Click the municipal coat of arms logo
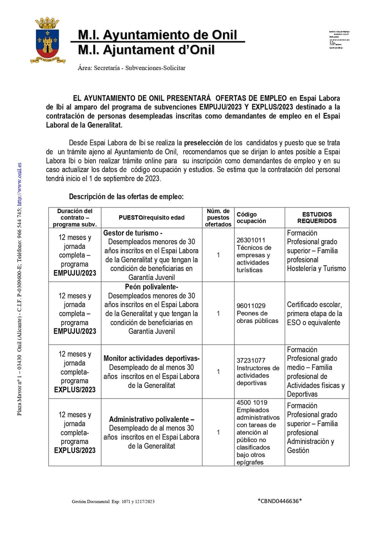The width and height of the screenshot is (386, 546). coord(48,40)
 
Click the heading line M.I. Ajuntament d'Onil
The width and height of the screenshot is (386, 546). coord(146,50)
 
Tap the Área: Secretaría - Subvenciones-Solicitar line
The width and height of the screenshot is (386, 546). coord(132,68)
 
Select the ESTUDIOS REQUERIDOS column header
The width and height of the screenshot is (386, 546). coord(317,217)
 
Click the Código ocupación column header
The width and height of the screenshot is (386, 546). coord(251,217)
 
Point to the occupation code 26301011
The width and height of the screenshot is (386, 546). coord(251,240)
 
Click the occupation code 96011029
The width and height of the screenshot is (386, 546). coord(251,306)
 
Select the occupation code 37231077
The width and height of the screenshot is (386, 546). coord(251,360)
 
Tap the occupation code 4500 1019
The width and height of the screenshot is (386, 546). coord(252,403)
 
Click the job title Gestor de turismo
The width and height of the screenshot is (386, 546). coord(133,233)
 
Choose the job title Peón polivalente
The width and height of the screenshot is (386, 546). coord(152,287)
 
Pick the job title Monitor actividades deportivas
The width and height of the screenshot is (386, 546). coord(152,358)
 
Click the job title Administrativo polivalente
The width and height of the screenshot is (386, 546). coord(152,419)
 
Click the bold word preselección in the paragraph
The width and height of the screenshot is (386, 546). coord(203,143)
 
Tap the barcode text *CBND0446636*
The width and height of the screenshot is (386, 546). coord(279,501)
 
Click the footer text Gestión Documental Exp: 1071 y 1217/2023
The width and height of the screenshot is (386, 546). coord(113,502)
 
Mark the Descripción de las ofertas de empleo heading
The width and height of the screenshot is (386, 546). coord(126,197)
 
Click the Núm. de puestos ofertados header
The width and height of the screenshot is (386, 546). coord(218,217)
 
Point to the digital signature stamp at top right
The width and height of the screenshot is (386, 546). coord(339,40)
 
